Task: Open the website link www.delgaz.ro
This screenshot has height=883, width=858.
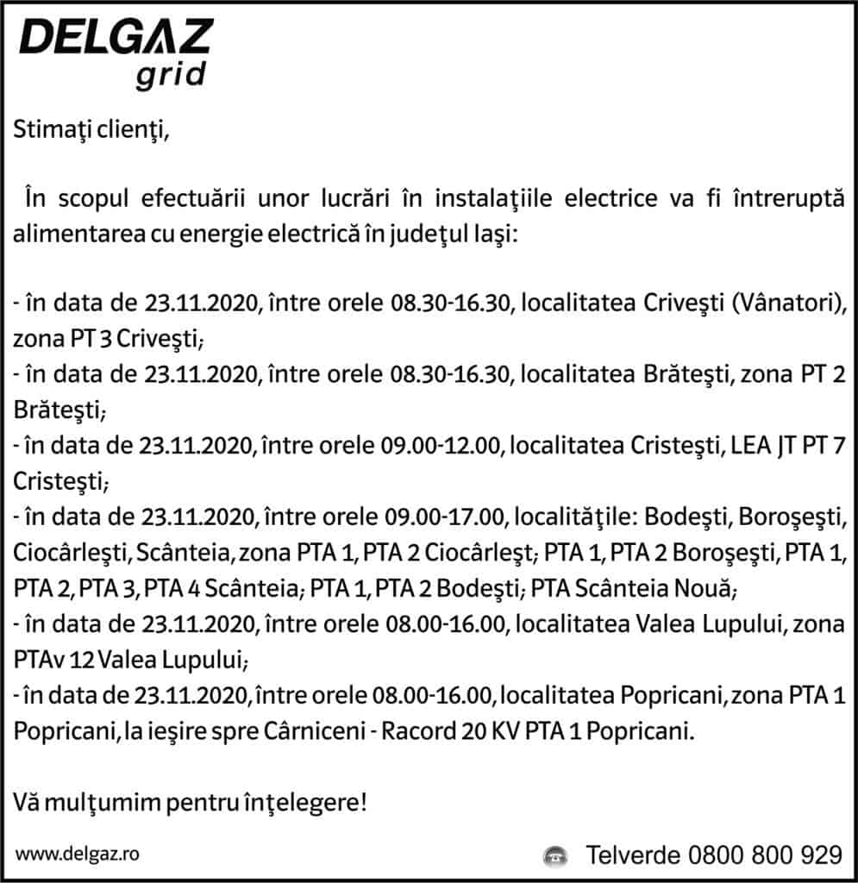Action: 78,854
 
